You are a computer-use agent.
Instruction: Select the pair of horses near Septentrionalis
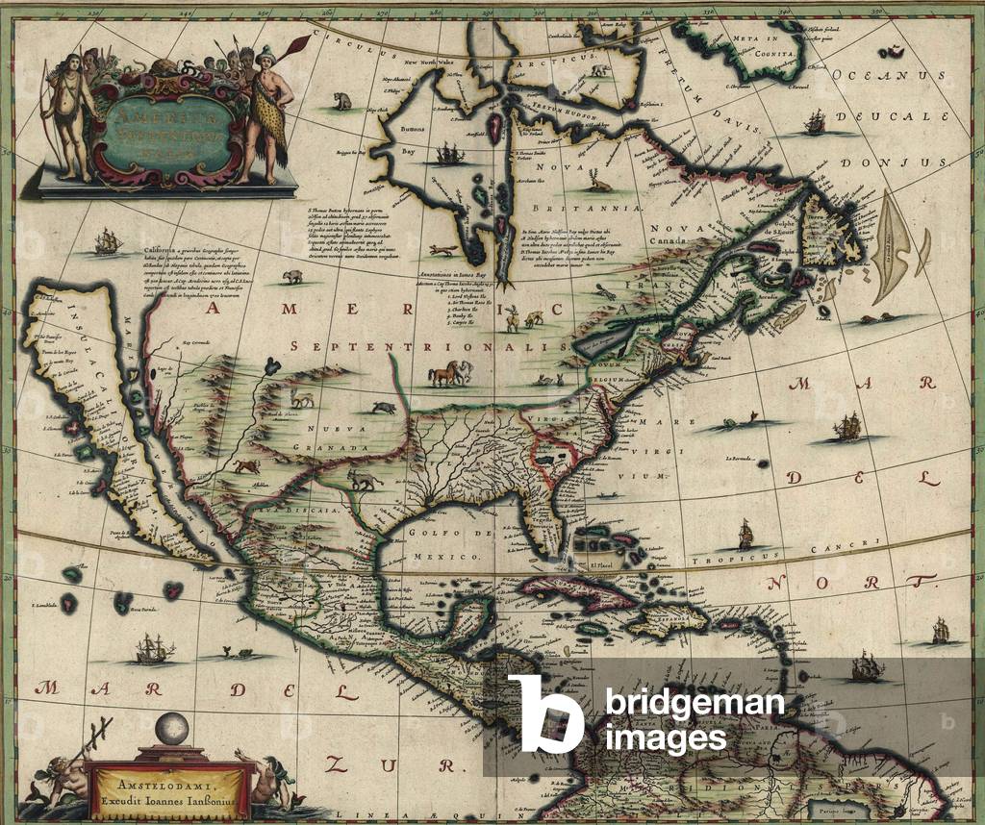pos(449,373)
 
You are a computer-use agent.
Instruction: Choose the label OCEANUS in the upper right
pos(877,74)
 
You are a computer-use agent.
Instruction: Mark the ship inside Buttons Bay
pos(449,153)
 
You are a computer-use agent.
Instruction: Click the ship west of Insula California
pos(106,242)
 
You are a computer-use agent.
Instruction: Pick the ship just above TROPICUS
pos(745,534)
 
